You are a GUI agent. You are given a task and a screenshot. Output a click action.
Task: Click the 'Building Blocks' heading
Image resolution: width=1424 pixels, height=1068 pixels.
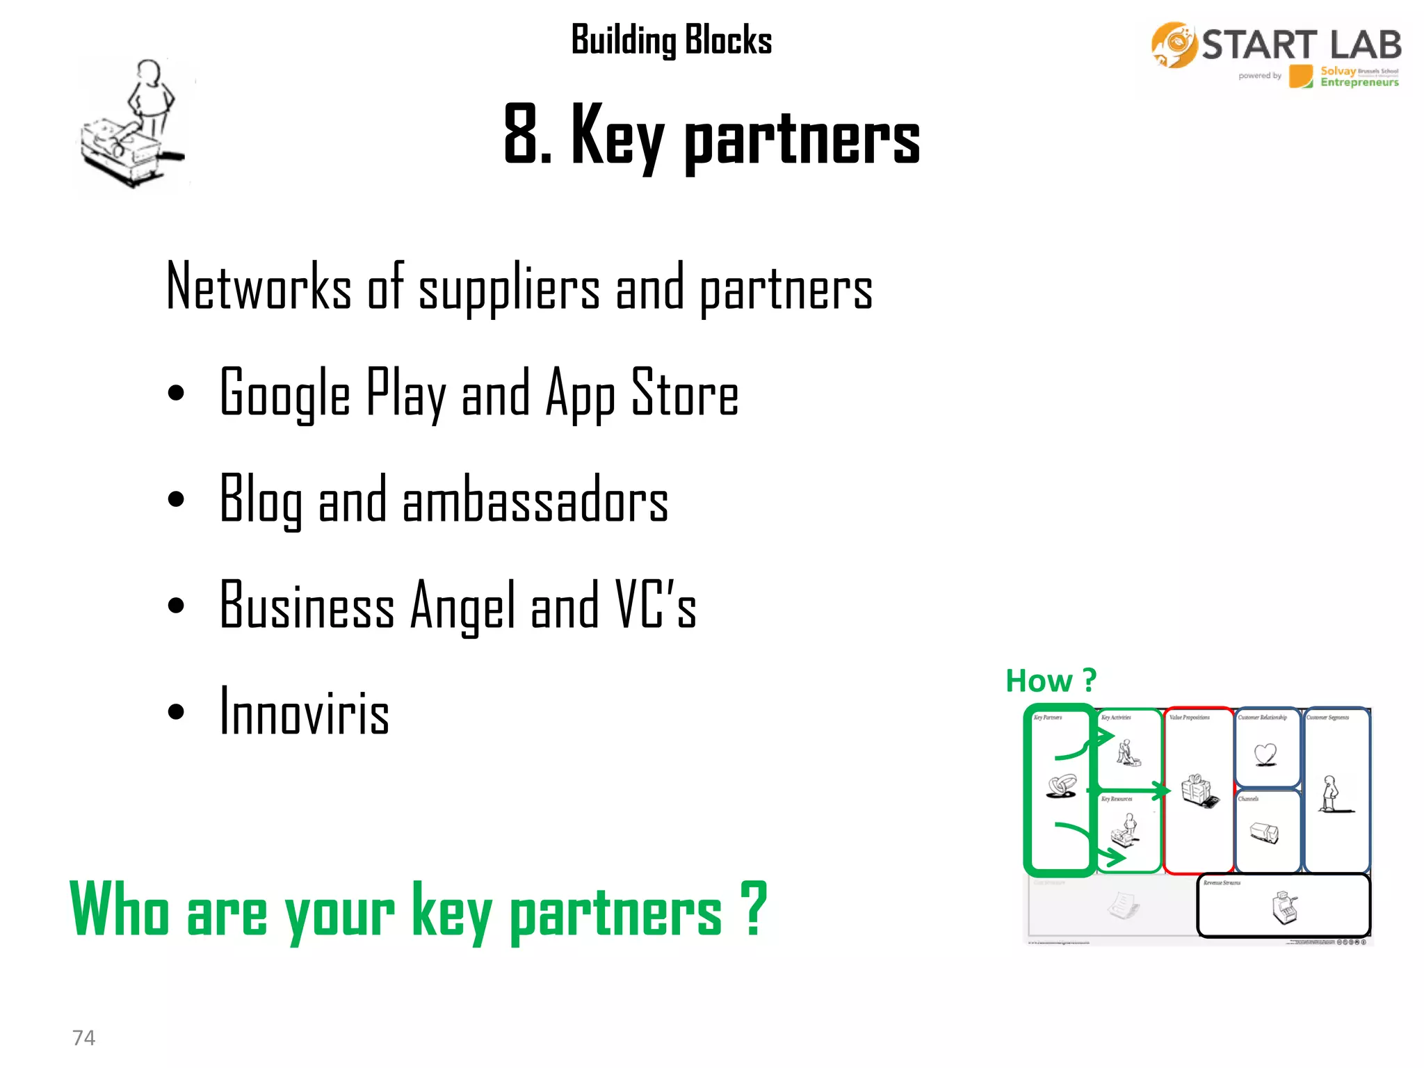pos(671,40)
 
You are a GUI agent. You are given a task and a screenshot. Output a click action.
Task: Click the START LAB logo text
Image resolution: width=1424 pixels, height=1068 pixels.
pos(1301,45)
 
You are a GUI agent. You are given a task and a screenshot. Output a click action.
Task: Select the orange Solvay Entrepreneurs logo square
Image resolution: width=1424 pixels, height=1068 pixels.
pos(1300,76)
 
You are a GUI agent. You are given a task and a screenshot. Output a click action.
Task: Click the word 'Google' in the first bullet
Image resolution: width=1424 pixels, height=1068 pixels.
pos(284,394)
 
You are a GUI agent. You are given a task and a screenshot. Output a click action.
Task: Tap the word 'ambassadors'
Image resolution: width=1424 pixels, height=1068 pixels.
pos(535,500)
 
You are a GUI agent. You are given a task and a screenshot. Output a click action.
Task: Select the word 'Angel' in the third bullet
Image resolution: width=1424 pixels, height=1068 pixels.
pos(464,606)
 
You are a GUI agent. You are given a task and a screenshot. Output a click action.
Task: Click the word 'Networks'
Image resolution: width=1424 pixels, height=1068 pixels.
pos(259,287)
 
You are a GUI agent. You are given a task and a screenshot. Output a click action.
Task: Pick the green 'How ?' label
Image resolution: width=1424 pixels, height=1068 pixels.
pos(1050,681)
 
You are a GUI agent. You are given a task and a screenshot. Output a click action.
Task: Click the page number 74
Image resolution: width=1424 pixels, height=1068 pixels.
pos(83,1037)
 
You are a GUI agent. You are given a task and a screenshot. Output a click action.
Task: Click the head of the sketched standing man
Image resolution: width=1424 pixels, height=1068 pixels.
pos(149,71)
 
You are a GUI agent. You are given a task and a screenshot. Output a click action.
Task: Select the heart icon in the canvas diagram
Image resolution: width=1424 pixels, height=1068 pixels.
pos(1265,754)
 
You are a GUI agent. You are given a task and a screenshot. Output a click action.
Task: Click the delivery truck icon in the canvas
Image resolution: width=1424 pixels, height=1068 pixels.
pos(1264,832)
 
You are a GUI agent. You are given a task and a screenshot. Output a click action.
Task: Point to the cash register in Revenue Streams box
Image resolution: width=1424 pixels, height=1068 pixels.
pos(1284,907)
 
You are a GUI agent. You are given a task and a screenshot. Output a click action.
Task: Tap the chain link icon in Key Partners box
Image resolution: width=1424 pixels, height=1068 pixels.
pos(1061,786)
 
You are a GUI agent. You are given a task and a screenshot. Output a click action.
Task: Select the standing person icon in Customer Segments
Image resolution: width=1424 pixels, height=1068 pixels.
pos(1330,794)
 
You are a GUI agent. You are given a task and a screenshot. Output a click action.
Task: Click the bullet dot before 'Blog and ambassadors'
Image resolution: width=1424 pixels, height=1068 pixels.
pos(176,499)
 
